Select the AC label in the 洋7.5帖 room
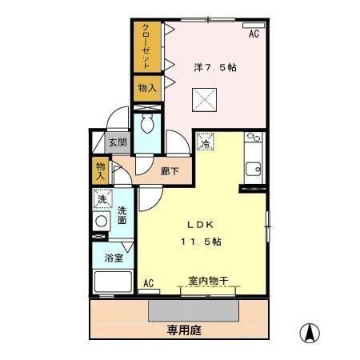pos(254,34)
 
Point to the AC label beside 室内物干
pos(148,282)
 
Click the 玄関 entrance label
pos(118,143)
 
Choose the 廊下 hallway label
pos(170,170)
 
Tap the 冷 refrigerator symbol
pos(206,144)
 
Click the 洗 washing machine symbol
pos(102,199)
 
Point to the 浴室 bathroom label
pos(113,258)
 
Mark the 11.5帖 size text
pos(199,242)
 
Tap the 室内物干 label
pos(208,281)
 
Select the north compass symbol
pos(310,332)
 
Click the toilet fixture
pos(147,124)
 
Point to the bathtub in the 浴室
pos(114,282)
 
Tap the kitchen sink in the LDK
pos(254,169)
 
